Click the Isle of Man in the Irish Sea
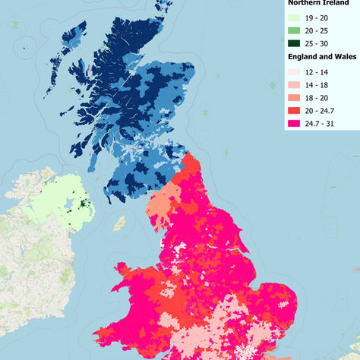pos(118,224)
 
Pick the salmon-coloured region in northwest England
pos(160,209)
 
